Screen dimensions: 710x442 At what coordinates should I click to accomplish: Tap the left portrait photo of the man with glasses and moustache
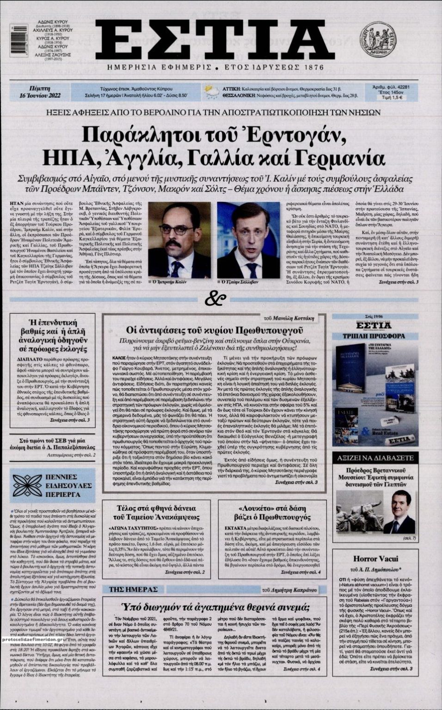[179, 239]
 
